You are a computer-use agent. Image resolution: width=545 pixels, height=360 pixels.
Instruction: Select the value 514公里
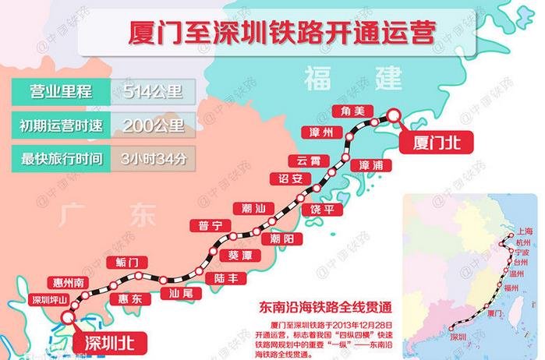tap(154, 92)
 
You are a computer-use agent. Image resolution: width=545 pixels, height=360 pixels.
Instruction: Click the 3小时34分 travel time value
tap(154, 159)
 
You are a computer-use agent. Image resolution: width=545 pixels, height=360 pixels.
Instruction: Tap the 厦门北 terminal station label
tap(426, 142)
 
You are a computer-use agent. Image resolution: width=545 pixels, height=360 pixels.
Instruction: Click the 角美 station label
tap(347, 111)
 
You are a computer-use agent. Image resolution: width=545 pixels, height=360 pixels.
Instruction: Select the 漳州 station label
tap(321, 132)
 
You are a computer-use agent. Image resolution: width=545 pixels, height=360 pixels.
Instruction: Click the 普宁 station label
tap(211, 225)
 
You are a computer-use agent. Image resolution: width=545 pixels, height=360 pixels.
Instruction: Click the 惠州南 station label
tap(64, 281)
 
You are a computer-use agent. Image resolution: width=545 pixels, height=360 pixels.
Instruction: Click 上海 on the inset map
tap(524, 232)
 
